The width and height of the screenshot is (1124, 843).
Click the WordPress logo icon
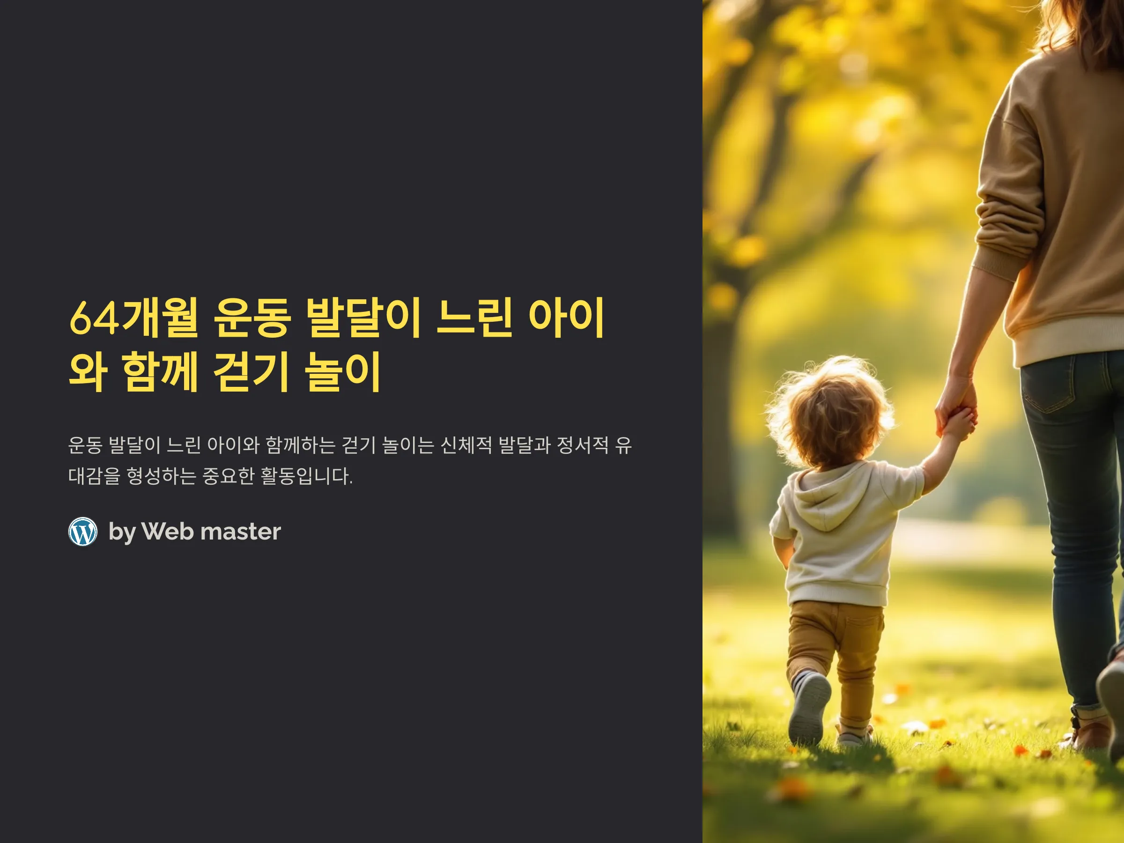coord(83,532)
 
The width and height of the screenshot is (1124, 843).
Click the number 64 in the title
coord(95,318)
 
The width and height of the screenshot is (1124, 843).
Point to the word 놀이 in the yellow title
coord(342,372)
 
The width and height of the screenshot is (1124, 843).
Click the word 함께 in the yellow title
coord(160,372)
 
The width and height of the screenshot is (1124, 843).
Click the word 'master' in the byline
coord(241,532)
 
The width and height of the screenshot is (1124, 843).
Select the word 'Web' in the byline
coord(168,532)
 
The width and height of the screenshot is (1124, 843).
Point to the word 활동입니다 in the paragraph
coord(306,476)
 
